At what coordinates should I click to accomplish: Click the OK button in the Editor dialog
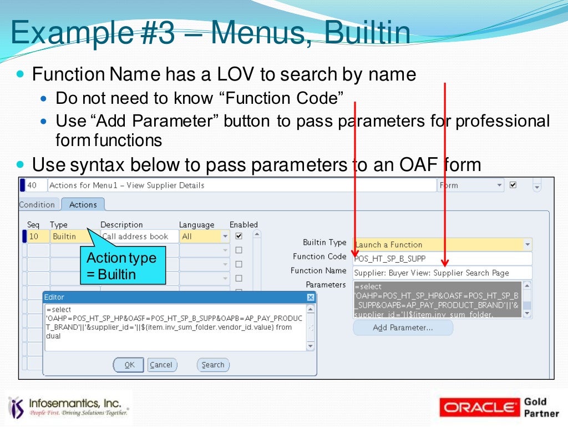pyautogui.click(x=129, y=365)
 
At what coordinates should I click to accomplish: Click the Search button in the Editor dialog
pyautogui.click(x=213, y=365)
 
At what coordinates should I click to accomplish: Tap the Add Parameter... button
pyautogui.click(x=403, y=328)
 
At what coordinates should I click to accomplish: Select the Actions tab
pyautogui.click(x=83, y=204)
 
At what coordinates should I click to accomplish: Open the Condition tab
pyautogui.click(x=37, y=204)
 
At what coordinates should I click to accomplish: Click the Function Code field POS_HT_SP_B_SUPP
pyautogui.click(x=442, y=259)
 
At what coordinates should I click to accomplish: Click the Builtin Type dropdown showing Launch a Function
pyautogui.click(x=442, y=244)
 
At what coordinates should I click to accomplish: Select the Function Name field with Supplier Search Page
pyautogui.click(x=442, y=273)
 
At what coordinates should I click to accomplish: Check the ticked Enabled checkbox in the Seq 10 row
pyautogui.click(x=239, y=236)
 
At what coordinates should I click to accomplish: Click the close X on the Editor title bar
pyautogui.click(x=311, y=298)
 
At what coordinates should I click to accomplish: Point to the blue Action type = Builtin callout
pyautogui.click(x=123, y=266)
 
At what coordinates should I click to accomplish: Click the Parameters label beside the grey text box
pyautogui.click(x=326, y=284)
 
